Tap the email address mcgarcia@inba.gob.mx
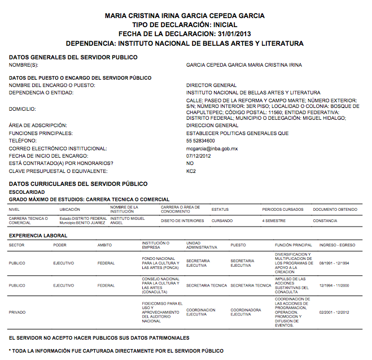point(212,148)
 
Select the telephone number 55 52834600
point(200,140)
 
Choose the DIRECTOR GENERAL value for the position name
point(212,85)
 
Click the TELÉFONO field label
point(22,140)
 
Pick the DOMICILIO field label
point(22,109)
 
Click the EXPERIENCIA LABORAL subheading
point(35,235)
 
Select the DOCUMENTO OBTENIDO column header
point(335,209)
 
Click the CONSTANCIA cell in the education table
point(325,220)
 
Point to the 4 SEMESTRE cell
point(273,220)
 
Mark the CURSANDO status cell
point(222,220)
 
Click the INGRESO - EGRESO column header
point(338,245)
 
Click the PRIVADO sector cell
point(17,312)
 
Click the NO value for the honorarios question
point(190,163)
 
